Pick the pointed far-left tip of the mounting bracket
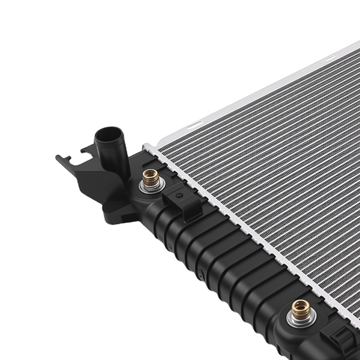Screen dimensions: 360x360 pyautogui.click(x=58, y=158)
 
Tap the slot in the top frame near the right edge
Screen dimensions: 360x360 pyautogui.click(x=329, y=58)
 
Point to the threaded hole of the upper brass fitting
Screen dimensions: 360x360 pyautogui.click(x=150, y=175)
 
